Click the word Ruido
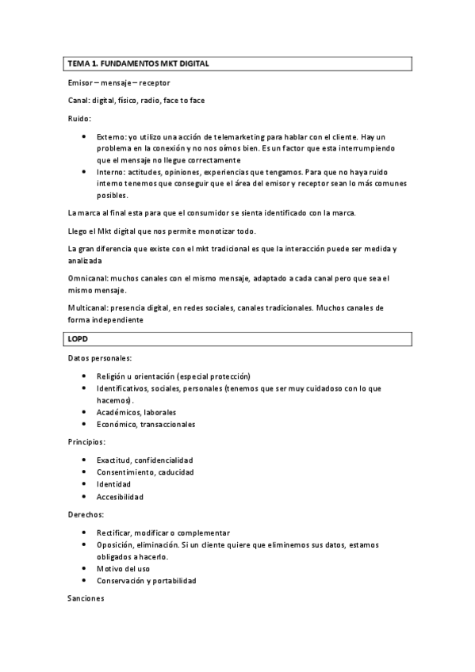(79, 118)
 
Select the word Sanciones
(86, 600)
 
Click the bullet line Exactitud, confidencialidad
(145, 460)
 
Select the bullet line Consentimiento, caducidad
(145, 472)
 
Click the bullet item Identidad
(113, 484)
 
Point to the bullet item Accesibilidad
(120, 497)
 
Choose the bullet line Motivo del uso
(123, 568)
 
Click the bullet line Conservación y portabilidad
(147, 580)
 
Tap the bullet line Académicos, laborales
(136, 412)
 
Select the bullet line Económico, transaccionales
(146, 424)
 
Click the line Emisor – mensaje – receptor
(119, 82)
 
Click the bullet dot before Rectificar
(85, 533)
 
